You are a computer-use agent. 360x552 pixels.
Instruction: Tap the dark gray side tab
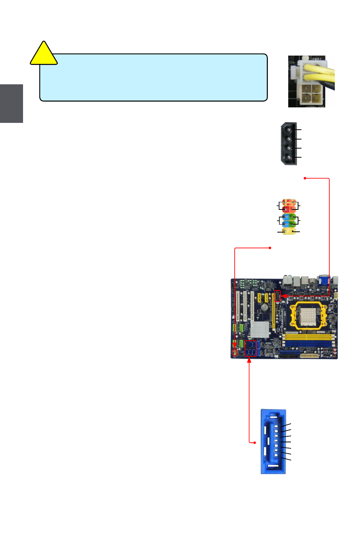11,103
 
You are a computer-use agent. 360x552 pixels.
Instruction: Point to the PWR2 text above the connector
317,59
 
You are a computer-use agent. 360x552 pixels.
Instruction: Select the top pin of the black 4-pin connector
289,130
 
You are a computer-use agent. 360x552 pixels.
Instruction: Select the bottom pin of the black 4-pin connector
289,157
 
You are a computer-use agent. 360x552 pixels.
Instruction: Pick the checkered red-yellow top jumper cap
289,202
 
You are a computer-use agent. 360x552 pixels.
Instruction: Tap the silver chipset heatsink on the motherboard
260,329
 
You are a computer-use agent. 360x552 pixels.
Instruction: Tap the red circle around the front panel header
235,353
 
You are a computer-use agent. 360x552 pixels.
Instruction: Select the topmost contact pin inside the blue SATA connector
276,426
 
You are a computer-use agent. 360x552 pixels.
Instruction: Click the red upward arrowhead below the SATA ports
249,360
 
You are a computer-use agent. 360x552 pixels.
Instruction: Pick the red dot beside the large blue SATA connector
255,442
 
